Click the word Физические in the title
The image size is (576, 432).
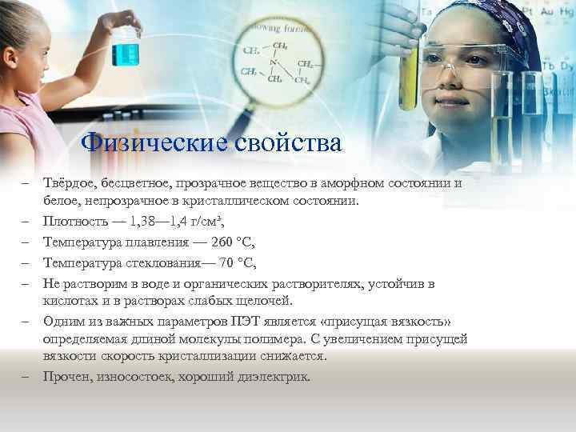[x=144, y=143]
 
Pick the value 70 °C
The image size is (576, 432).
[x=237, y=262]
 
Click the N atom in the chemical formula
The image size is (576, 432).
[x=274, y=62]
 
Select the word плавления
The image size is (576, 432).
[x=154, y=242]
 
